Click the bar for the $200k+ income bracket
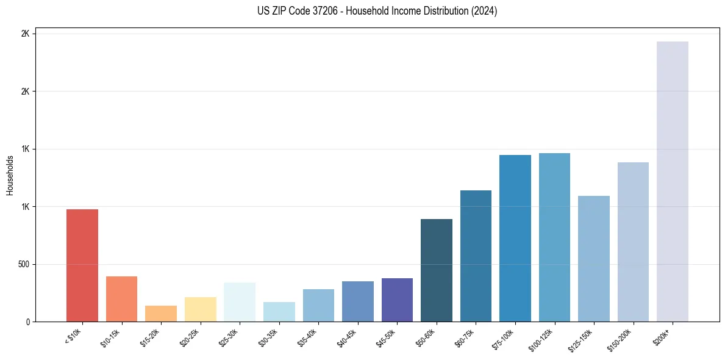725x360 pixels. pos(672,181)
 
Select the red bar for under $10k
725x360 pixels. pos(82,265)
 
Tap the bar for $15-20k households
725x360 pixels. pos(161,314)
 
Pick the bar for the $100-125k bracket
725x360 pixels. pos(554,237)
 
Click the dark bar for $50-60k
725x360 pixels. pos(437,270)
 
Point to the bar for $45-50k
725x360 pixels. pos(397,300)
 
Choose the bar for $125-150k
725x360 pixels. pos(593,259)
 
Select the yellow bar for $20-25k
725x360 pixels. pos(200,309)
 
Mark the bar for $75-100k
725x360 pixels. pos(515,238)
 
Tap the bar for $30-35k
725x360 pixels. pos(279,312)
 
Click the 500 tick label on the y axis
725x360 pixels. pos(23,264)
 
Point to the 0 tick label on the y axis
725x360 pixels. pos(28,322)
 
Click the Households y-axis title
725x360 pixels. pos(10,175)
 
